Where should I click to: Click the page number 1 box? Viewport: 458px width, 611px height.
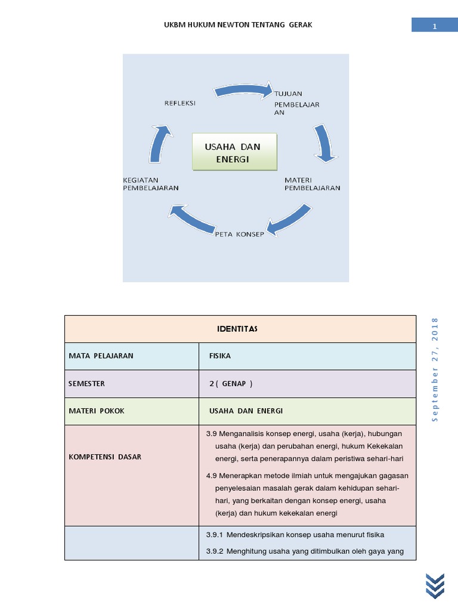(x=435, y=26)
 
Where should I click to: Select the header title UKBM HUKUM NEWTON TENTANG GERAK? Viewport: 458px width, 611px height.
(x=238, y=24)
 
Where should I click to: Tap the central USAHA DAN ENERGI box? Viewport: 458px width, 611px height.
(x=234, y=152)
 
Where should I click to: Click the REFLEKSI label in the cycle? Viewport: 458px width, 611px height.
(x=180, y=103)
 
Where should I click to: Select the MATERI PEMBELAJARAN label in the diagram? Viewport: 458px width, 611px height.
(x=312, y=184)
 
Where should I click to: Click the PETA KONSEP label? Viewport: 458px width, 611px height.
(x=239, y=234)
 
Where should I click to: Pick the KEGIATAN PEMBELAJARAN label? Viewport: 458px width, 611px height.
(x=150, y=184)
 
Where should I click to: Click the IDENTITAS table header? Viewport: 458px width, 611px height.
(x=240, y=329)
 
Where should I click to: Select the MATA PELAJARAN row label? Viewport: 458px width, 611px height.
(x=101, y=356)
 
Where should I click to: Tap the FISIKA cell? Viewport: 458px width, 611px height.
(x=219, y=356)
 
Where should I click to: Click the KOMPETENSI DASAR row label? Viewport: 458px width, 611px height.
(x=105, y=456)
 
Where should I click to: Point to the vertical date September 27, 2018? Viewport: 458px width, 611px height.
(x=435, y=370)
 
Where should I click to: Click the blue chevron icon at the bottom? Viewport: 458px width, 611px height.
(x=435, y=584)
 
